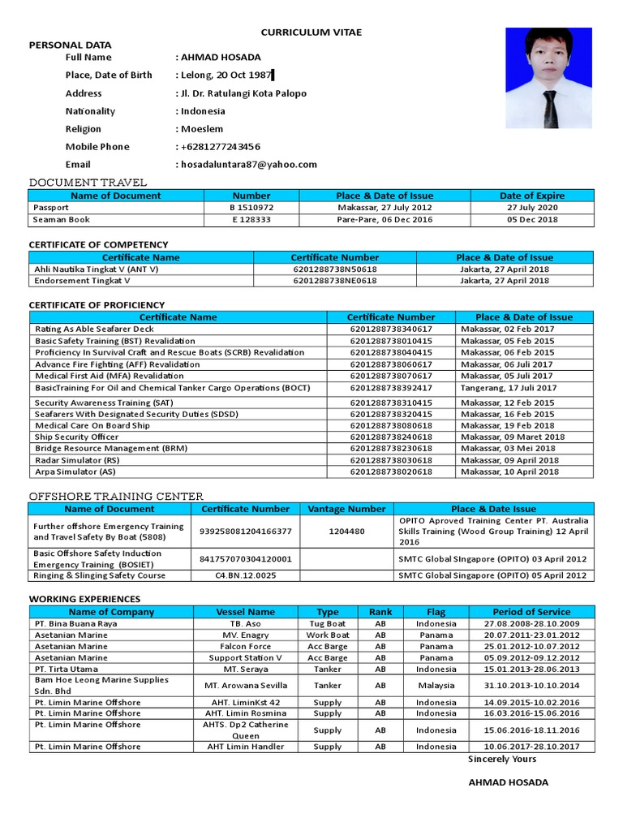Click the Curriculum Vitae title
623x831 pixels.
(311, 32)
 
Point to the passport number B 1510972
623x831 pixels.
(251, 208)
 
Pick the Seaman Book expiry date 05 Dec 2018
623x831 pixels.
(532, 220)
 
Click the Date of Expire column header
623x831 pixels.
(532, 196)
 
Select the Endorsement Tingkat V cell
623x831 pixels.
(82, 281)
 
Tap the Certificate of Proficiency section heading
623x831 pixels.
(97, 305)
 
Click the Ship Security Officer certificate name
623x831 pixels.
(77, 437)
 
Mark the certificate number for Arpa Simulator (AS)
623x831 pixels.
(390, 471)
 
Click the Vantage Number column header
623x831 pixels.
(346, 509)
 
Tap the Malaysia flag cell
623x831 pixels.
(436, 685)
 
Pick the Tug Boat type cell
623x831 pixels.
(328, 624)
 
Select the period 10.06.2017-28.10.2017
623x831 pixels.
(531, 747)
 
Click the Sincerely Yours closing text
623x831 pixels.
(502, 760)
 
